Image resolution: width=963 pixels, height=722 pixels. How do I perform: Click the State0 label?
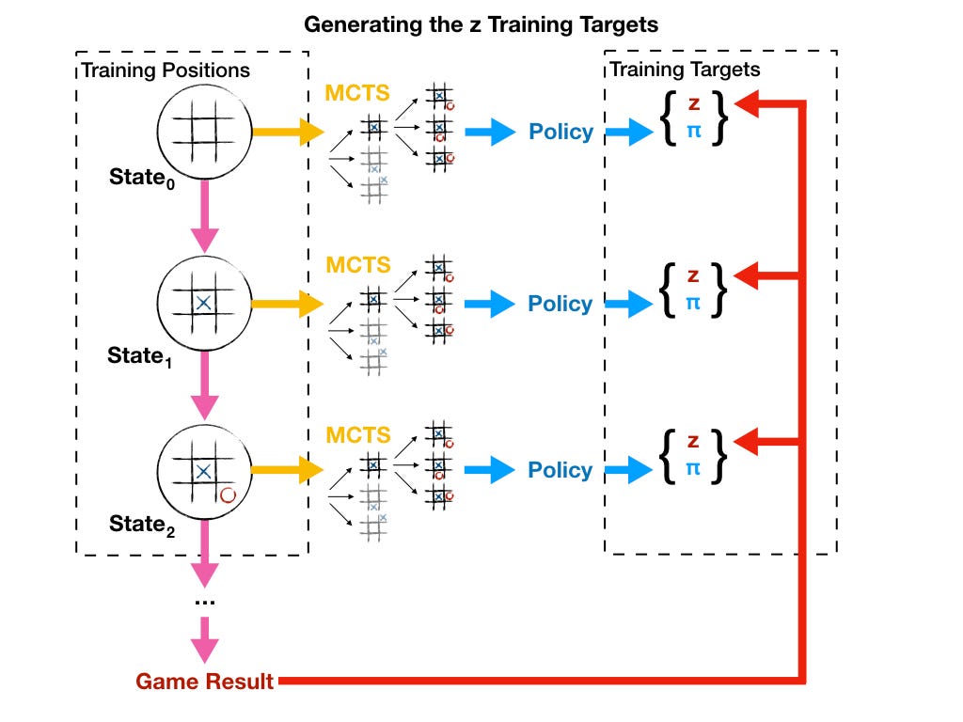[142, 178]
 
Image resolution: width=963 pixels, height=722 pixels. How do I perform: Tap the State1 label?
[139, 356]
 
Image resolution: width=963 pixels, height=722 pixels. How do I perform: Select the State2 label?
[142, 525]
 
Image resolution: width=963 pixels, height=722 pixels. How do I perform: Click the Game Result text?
[204, 681]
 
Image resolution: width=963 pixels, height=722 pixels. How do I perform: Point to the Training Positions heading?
[166, 70]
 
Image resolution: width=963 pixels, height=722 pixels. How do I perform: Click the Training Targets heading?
[685, 70]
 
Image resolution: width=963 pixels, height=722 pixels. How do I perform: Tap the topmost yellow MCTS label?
[356, 93]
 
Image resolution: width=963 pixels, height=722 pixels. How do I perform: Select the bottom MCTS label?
[358, 434]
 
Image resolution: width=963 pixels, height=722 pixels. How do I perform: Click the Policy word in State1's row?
[560, 304]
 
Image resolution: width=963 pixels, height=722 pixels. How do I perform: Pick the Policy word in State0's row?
[561, 132]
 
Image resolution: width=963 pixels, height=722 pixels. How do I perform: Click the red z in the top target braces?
[694, 103]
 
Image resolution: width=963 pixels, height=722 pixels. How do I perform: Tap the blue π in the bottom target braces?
[693, 468]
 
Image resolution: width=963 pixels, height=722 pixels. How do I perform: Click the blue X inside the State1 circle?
[203, 303]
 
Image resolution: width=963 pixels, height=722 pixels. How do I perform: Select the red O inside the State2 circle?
[228, 494]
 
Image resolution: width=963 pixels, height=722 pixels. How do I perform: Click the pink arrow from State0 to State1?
[204, 216]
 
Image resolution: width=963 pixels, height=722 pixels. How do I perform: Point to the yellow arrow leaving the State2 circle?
[287, 470]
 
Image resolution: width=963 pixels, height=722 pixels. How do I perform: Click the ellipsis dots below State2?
[204, 603]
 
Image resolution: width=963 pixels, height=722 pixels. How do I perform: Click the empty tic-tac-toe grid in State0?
[203, 131]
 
